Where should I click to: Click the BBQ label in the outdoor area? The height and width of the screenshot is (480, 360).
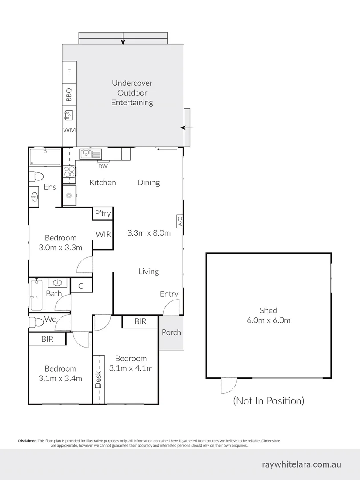[69, 95]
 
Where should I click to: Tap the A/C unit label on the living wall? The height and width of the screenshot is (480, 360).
[180, 221]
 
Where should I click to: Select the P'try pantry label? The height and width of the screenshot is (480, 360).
[103, 213]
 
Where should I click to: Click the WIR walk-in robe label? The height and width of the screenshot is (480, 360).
[103, 235]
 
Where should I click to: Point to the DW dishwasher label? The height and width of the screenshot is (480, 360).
[103, 167]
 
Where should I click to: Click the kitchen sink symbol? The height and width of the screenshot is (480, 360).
[91, 154]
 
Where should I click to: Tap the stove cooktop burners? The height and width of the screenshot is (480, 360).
[69, 172]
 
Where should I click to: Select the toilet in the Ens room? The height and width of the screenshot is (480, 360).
[36, 176]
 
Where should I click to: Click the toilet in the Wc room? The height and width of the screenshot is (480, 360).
[36, 322]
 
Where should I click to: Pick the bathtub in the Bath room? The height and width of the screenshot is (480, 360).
[36, 294]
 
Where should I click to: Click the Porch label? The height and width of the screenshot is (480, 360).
[172, 332]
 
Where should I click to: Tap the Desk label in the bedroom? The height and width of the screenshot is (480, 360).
[99, 380]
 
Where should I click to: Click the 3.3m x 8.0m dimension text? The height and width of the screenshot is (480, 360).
[149, 233]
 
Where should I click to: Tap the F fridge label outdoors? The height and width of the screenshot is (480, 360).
[69, 72]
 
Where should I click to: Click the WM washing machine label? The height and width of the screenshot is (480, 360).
[69, 130]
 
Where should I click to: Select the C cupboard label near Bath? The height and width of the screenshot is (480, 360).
[81, 286]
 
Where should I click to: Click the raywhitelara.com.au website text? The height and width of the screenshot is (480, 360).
[301, 464]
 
